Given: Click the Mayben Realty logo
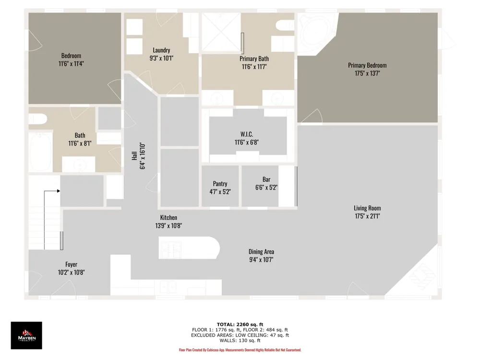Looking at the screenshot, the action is (x=26, y=335).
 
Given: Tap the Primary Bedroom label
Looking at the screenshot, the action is (x=367, y=65).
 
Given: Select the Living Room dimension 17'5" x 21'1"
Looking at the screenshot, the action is (x=367, y=216).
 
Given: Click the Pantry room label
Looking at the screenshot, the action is (x=220, y=184).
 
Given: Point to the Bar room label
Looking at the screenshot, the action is (x=266, y=180).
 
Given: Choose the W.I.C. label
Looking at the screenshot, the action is (x=247, y=134).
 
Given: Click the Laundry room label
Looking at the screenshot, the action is (x=161, y=50).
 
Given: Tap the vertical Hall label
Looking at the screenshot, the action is (x=134, y=156).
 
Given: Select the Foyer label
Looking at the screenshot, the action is (x=72, y=264).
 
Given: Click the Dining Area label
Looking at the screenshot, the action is (x=261, y=252).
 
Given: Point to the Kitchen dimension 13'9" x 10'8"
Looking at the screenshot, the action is (x=168, y=226).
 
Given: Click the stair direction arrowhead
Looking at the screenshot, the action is (x=58, y=191).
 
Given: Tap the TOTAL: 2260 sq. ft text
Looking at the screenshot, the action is (x=240, y=324).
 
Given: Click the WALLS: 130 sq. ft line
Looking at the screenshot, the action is (x=240, y=340).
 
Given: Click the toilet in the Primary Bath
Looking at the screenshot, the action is (x=285, y=25).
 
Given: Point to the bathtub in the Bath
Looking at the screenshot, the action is (x=40, y=152).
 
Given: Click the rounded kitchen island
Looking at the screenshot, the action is (x=189, y=248).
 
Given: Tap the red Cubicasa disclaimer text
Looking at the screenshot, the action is (x=240, y=350).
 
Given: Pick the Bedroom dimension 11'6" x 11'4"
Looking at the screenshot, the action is (x=71, y=64).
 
